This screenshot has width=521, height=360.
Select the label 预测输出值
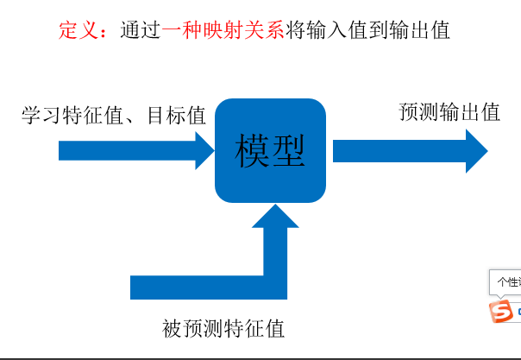[449, 112]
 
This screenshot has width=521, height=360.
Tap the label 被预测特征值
[223, 328]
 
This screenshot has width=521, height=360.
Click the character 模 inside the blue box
[253, 151]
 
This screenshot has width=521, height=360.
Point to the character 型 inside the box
[289, 151]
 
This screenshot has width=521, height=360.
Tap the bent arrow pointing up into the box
[207, 286]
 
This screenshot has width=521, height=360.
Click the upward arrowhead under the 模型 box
[275, 216]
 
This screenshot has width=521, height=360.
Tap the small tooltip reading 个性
[506, 282]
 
